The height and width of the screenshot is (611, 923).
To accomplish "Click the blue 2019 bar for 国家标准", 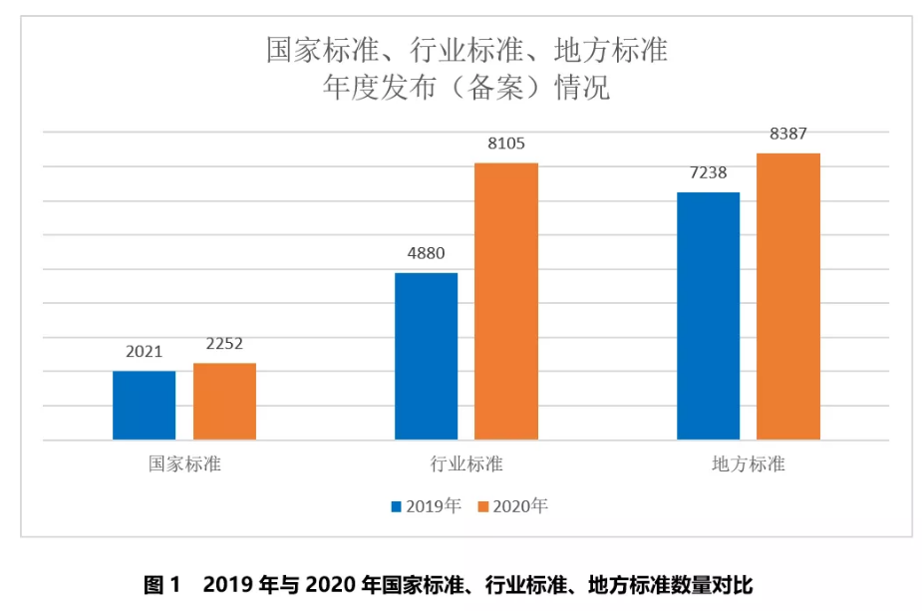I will (144, 405).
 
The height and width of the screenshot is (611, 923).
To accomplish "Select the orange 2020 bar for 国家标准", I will (224, 401).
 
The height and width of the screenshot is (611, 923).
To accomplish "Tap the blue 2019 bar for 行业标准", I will (426, 356).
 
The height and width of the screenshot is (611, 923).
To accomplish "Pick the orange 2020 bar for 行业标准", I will (506, 301).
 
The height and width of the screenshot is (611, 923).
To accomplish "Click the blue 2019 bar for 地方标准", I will (708, 315).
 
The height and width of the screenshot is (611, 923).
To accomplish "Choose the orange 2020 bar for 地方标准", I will (788, 296).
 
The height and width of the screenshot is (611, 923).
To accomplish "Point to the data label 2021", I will (144, 352).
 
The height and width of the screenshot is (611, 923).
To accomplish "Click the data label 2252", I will (224, 344).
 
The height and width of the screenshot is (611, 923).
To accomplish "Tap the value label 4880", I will (426, 253).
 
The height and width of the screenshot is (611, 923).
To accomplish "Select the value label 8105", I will (506, 144).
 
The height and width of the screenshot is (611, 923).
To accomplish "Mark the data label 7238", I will (708, 172).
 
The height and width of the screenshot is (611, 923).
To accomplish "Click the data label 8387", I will (788, 134).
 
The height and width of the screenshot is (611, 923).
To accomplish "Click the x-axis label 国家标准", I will (184, 464).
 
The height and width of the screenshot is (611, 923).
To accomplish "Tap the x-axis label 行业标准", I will (466, 464).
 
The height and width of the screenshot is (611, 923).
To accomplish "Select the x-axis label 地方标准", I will (749, 464).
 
